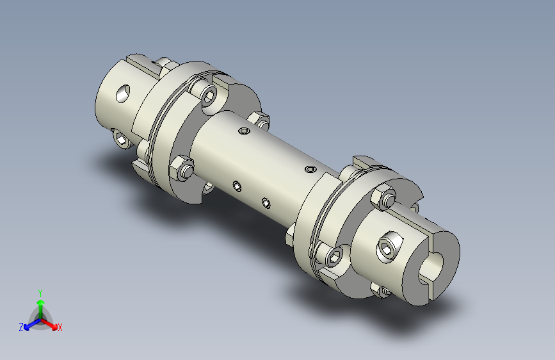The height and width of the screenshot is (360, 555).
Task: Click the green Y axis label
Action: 40,293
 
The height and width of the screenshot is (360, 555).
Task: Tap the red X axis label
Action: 60,327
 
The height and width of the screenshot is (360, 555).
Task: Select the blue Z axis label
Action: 21,327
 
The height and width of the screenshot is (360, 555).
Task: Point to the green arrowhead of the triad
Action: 41,302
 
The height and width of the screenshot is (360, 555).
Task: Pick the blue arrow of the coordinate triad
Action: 32,324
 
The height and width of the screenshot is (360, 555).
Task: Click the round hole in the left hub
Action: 123,94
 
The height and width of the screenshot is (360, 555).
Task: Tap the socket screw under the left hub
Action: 122,138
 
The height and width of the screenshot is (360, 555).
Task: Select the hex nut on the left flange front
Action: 181,168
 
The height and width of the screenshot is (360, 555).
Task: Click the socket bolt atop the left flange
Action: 208,95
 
